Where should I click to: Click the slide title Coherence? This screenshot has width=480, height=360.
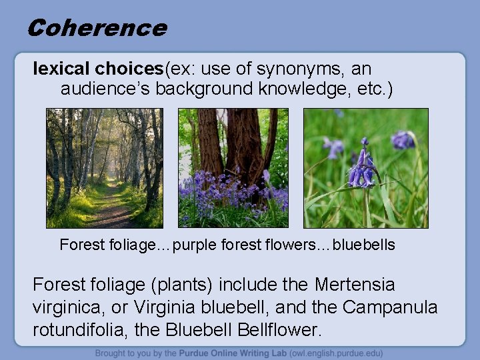pyautogui.click(x=97, y=28)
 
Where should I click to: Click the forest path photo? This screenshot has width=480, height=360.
pyautogui.click(x=104, y=168)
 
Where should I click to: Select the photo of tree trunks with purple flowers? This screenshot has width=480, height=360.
pyautogui.click(x=233, y=168)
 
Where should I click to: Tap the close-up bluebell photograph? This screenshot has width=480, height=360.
pyautogui.click(x=365, y=168)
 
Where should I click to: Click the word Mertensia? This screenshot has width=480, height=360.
pyautogui.click(x=355, y=285)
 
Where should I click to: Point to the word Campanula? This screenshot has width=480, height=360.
pyautogui.click(x=390, y=307)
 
